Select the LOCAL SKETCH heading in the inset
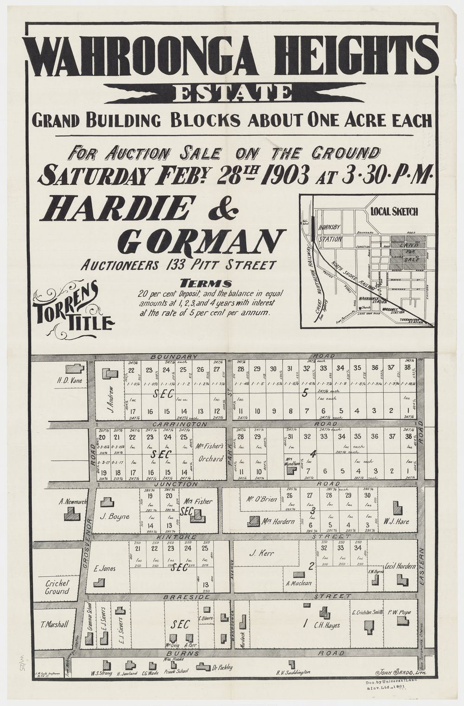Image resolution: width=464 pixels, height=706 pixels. click(x=394, y=211)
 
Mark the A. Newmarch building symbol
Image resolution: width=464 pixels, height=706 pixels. click(x=72, y=513)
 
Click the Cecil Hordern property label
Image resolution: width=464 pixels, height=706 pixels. click(x=400, y=566)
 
